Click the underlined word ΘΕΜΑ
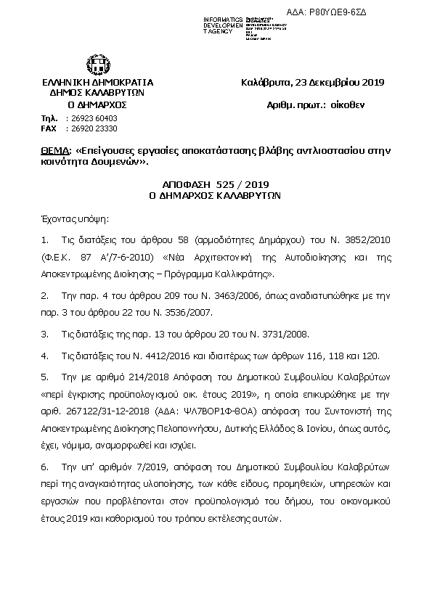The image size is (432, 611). tap(56, 152)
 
